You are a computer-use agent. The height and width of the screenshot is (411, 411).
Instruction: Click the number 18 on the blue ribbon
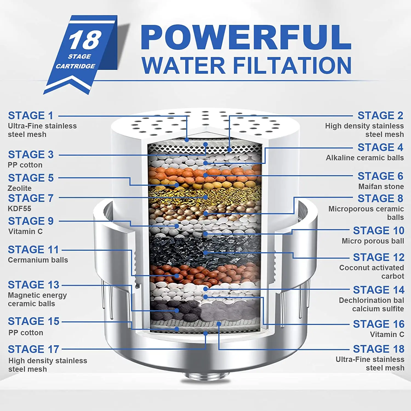click(x=85, y=40)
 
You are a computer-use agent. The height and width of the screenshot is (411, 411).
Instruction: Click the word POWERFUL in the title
click(x=246, y=37)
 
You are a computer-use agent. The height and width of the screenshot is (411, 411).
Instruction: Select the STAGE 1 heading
click(x=31, y=116)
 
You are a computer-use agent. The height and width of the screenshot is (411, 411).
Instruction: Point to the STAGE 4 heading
click(x=380, y=147)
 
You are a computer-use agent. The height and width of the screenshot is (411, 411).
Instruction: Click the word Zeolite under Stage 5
click(x=19, y=188)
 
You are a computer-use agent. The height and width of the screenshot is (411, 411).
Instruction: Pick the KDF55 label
click(x=19, y=209)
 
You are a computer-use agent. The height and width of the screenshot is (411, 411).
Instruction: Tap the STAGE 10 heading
click(x=378, y=231)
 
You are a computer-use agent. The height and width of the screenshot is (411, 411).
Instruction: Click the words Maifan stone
click(x=381, y=187)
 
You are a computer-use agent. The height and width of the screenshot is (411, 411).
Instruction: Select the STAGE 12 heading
click(x=378, y=257)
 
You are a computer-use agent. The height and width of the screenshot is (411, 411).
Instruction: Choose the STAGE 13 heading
click(x=33, y=285)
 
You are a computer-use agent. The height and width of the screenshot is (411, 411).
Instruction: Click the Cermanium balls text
click(x=38, y=260)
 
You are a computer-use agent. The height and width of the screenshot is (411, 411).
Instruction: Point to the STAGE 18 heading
click(x=378, y=349)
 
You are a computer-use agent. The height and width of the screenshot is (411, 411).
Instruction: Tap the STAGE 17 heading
click(x=33, y=349)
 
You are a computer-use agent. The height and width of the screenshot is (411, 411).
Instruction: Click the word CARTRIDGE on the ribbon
click(x=75, y=66)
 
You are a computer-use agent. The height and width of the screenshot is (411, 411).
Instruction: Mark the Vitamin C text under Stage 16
click(x=387, y=335)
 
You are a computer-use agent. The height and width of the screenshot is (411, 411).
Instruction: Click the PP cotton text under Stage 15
click(x=26, y=333)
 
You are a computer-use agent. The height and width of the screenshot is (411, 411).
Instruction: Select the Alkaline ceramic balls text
click(x=365, y=158)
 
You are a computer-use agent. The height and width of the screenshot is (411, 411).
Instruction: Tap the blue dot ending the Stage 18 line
click(x=219, y=324)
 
